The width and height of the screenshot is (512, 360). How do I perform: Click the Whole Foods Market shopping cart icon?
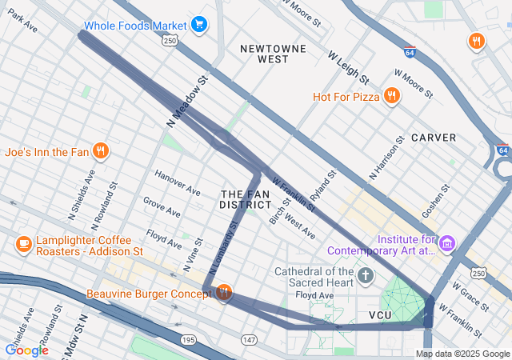point(199,25)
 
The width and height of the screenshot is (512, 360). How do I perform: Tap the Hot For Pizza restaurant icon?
point(391,97)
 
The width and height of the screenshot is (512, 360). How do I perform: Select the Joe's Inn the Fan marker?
point(100,150)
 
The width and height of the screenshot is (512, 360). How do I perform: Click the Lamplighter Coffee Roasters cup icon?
point(23,243)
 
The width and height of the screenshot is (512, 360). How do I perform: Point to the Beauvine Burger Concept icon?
point(223,294)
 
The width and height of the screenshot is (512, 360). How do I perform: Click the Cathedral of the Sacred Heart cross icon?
point(366,277)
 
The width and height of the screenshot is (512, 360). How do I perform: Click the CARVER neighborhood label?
point(434,138)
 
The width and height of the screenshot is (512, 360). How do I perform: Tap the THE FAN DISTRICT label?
point(241,199)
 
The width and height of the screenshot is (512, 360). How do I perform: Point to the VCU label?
point(380,316)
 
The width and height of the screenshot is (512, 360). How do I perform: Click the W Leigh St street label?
point(348,68)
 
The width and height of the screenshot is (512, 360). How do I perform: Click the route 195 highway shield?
point(188,340)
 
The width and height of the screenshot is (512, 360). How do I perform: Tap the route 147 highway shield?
point(250,340)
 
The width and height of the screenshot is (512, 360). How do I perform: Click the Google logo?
point(26,350)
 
